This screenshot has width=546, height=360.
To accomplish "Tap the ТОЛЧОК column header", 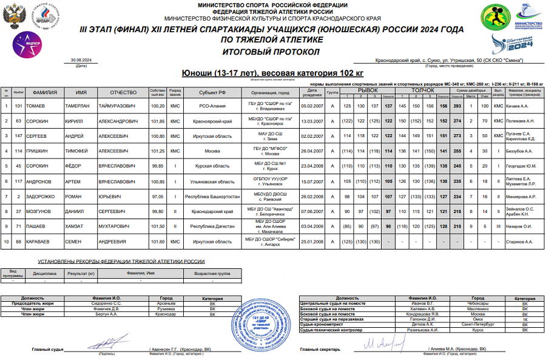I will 422,90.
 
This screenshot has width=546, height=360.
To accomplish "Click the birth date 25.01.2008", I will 311,242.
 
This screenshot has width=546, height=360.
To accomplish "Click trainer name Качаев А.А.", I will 517,106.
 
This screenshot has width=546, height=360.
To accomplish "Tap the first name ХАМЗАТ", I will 78,226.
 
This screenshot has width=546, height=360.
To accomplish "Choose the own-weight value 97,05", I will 158,197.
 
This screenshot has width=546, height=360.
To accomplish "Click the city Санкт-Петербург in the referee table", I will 467,325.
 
